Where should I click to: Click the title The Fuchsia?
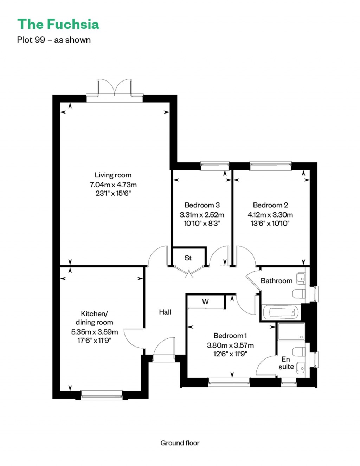58,24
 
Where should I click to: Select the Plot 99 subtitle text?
54,40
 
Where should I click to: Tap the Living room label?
113,175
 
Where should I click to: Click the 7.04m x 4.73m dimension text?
113,185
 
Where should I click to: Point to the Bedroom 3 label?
202,205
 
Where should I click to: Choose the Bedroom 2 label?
270,205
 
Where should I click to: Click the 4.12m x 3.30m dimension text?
270,215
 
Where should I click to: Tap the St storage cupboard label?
188,258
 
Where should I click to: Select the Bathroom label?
276,281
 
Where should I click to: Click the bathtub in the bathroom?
281,312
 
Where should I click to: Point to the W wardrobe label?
205,302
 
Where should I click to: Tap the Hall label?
165,312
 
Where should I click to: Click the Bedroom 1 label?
230,336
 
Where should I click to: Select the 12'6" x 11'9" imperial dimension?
230,354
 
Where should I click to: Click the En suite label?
286,363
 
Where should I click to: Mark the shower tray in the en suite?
291,332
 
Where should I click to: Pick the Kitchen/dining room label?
94,318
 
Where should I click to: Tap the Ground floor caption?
180,443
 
